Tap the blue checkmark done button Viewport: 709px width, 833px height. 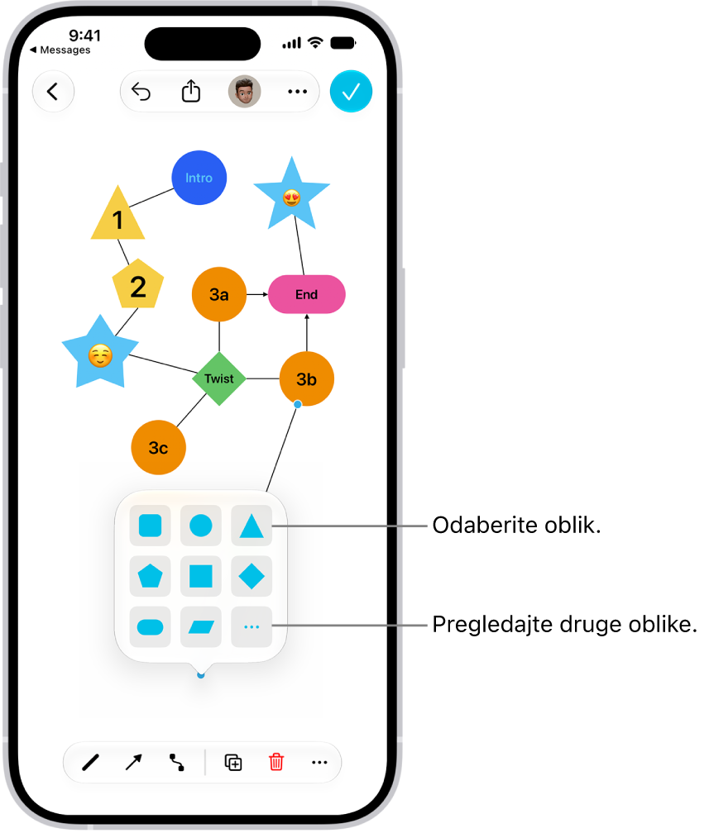pyautogui.click(x=351, y=92)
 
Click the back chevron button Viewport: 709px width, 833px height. pyautogui.click(x=53, y=92)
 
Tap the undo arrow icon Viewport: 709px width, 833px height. pyautogui.click(x=141, y=92)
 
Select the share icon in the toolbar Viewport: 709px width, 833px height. pyautogui.click(x=191, y=91)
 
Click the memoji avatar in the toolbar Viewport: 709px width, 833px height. pyautogui.click(x=245, y=92)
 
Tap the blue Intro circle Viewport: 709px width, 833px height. pyautogui.click(x=199, y=178)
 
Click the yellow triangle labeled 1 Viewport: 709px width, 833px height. pyautogui.click(x=117, y=215)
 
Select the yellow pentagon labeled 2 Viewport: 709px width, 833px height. pyautogui.click(x=138, y=285)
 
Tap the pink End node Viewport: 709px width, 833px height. pyautogui.click(x=306, y=294)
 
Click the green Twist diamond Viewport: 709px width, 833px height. pyautogui.click(x=219, y=378)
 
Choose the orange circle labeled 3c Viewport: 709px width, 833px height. pyautogui.click(x=159, y=447)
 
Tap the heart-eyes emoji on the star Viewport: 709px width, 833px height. pyautogui.click(x=291, y=198)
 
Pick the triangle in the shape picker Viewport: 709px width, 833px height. pyautogui.click(x=252, y=526)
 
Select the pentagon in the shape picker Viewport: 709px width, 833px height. pyautogui.click(x=150, y=577)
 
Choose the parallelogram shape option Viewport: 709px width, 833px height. pyautogui.click(x=201, y=627)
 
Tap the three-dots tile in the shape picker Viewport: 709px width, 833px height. pyautogui.click(x=252, y=627)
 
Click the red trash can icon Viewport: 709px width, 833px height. pyautogui.click(x=276, y=762)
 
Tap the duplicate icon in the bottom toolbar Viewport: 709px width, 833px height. pyautogui.click(x=233, y=762)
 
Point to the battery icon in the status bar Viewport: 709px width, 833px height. pyautogui.click(x=343, y=43)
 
